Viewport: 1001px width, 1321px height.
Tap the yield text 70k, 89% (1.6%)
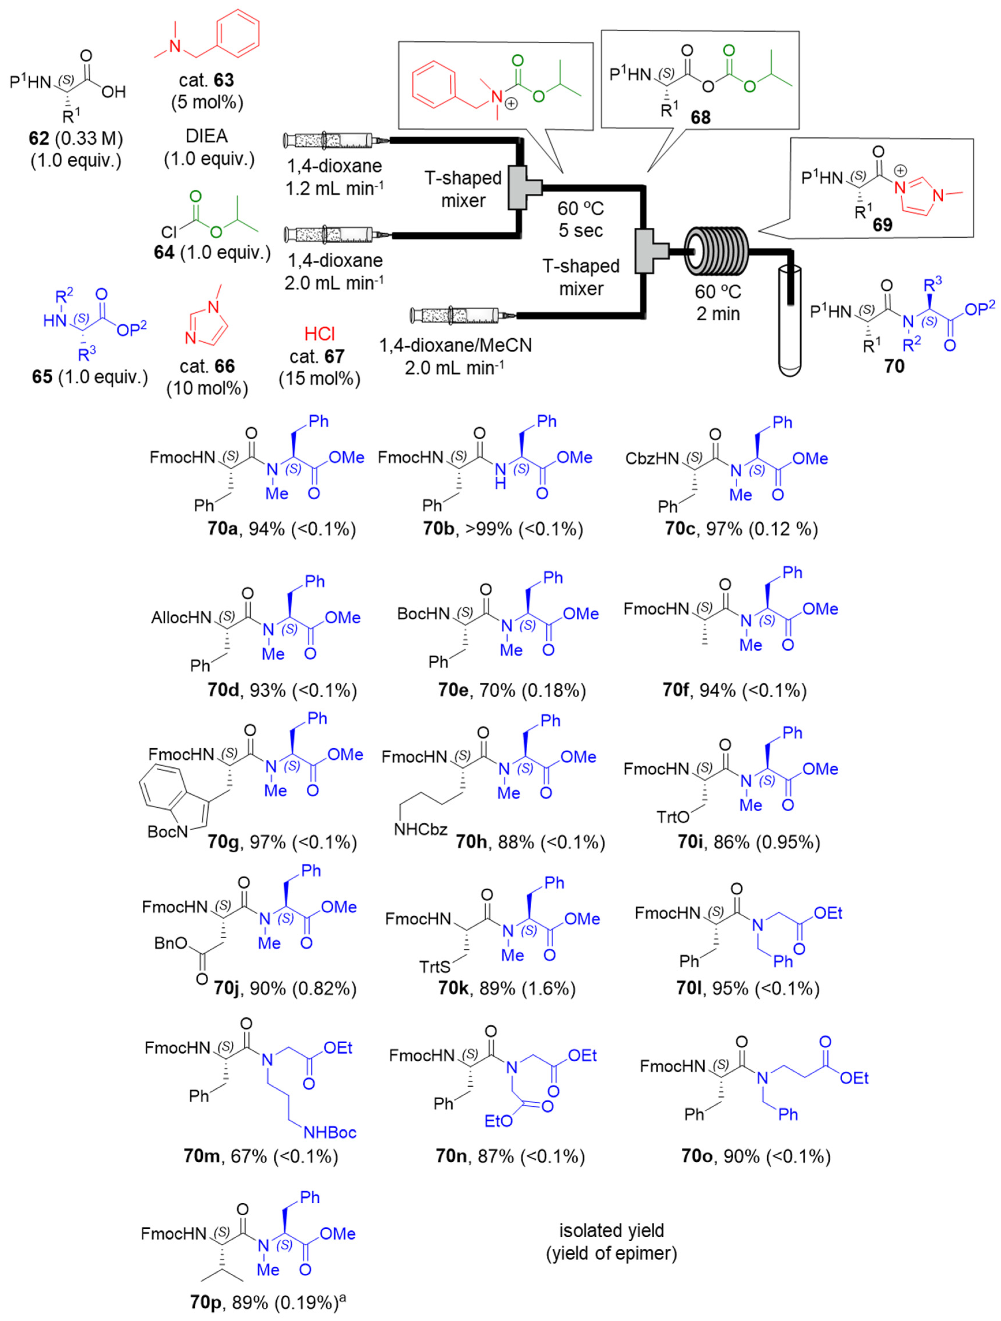tap(506, 988)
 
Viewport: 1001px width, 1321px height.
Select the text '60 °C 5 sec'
tap(580, 219)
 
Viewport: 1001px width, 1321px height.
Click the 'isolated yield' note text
tap(611, 1230)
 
